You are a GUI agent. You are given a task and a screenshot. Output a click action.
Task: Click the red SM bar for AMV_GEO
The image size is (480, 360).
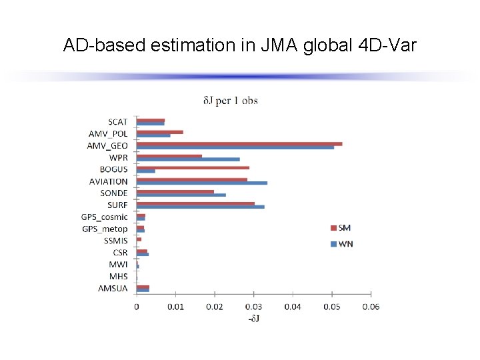[239, 143]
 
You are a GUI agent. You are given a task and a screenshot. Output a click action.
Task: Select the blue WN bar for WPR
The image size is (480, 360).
[188, 159]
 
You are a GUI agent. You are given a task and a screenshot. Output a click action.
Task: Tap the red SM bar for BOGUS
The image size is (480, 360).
[193, 167]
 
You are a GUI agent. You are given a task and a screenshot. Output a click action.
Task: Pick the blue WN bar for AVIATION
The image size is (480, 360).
[202, 183]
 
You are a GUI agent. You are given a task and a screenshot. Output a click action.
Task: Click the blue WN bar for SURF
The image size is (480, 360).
[201, 207]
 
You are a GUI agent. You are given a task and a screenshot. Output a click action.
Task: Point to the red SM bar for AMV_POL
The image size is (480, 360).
[160, 132]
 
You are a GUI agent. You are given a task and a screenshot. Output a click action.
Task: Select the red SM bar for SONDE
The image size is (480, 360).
[175, 191]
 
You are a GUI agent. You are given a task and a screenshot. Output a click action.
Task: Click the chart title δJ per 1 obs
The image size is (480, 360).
[230, 101]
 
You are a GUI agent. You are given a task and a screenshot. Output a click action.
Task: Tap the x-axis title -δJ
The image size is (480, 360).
[254, 319]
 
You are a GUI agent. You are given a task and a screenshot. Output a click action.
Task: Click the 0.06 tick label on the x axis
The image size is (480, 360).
[371, 307]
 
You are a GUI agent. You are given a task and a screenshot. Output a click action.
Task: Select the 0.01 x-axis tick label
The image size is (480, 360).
[175, 307]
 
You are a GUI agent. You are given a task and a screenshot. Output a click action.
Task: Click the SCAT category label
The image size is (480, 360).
[117, 122]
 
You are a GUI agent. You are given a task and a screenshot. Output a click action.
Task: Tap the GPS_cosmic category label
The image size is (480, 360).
[104, 217]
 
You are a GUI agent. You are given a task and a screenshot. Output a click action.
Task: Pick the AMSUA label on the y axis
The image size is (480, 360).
[113, 289]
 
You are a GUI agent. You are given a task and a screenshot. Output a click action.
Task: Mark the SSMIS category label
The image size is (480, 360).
[115, 241]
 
